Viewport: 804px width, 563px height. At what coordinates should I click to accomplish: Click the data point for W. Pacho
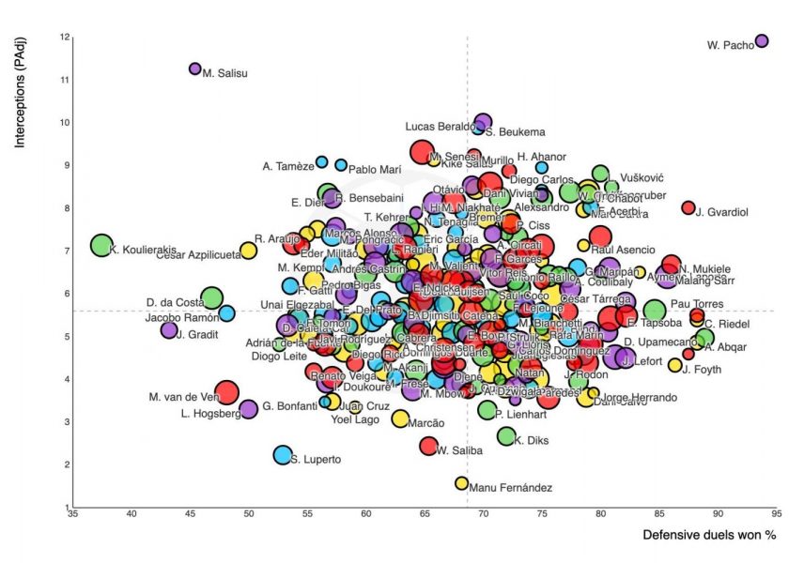[x=762, y=40]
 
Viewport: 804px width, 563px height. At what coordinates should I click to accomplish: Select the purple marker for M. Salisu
[x=195, y=68]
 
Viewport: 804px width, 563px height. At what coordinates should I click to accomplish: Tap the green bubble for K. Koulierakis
[x=101, y=245]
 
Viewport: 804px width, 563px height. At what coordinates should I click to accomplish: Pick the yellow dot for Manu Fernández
[x=461, y=483]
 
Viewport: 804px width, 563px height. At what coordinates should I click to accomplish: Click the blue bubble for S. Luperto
[x=282, y=455]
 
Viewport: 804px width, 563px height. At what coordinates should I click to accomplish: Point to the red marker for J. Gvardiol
[x=688, y=207]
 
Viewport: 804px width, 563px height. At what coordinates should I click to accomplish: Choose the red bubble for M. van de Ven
[x=226, y=393]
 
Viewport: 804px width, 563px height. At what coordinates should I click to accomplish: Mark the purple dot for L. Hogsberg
[x=249, y=409]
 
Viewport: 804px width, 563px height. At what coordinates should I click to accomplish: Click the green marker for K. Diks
[x=506, y=435]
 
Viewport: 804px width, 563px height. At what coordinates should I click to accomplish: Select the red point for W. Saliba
[x=428, y=446]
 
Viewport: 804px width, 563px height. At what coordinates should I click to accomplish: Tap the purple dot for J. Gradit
[x=169, y=330]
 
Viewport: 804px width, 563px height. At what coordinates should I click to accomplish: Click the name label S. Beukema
[x=516, y=132]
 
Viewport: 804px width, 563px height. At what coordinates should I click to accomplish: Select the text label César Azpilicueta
[x=196, y=255]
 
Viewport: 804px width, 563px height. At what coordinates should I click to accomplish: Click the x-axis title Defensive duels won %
[x=711, y=536]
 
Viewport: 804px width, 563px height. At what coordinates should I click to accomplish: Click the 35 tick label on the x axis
[x=72, y=514]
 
